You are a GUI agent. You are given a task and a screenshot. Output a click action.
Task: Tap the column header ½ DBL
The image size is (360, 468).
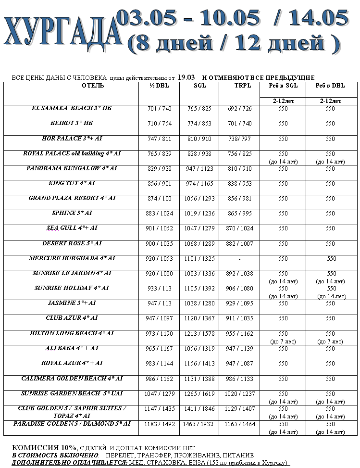159,86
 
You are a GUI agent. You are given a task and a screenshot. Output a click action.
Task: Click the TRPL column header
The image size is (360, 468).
239,86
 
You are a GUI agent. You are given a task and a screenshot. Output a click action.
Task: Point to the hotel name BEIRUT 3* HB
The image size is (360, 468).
71,123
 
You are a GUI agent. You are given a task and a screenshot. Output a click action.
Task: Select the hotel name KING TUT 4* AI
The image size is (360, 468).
71,183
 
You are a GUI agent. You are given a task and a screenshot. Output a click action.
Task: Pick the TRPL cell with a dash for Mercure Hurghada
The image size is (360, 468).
239,259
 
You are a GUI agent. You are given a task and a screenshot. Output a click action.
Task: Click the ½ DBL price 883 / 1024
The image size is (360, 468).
159,214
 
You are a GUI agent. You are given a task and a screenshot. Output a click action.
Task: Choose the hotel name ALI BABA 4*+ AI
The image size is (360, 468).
71,348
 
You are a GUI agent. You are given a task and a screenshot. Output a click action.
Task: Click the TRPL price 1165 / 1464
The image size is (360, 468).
239,424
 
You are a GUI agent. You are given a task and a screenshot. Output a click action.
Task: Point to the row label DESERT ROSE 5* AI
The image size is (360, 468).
71,243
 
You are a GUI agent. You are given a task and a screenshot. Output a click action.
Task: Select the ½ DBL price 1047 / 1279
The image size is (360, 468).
159,393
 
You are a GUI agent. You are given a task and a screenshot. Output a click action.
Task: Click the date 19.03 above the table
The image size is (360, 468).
186,77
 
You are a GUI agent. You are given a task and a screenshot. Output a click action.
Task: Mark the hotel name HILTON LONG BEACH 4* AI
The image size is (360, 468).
71,333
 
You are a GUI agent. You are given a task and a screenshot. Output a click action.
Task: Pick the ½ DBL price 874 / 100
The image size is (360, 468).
159,199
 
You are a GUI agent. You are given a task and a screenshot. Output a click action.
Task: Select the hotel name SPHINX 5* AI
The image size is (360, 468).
71,213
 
